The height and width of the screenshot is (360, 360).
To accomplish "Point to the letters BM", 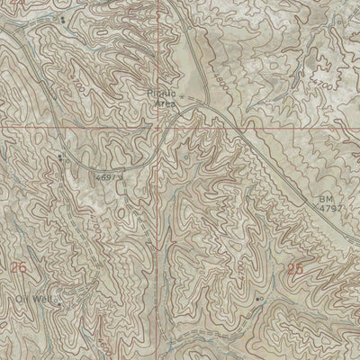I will pyautogui.click(x=324, y=198).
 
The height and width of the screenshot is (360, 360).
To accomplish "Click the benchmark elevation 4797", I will pyautogui.click(x=330, y=208).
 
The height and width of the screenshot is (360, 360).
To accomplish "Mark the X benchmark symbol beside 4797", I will pyautogui.click(x=316, y=207).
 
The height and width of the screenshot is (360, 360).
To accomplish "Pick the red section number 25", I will pyautogui.click(x=295, y=268).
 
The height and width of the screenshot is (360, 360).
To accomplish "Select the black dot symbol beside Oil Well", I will pyautogui.click(x=59, y=304).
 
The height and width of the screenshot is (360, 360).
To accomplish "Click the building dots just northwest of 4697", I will pyautogui.click(x=61, y=157).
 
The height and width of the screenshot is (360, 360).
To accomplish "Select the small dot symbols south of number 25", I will pyautogui.click(x=259, y=298).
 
